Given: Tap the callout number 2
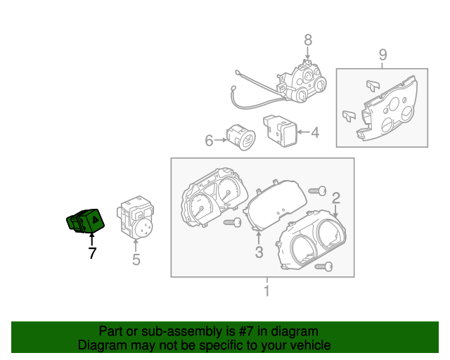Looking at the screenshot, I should pyautogui.click(x=336, y=197).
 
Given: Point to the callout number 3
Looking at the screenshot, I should pyautogui.click(x=259, y=252).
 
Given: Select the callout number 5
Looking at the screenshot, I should pyautogui.click(x=136, y=260).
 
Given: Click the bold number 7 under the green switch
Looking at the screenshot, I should pyautogui.click(x=91, y=253).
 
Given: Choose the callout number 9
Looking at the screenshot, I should pyautogui.click(x=382, y=54).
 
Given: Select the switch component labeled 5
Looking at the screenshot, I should pyautogui.click(x=138, y=217).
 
